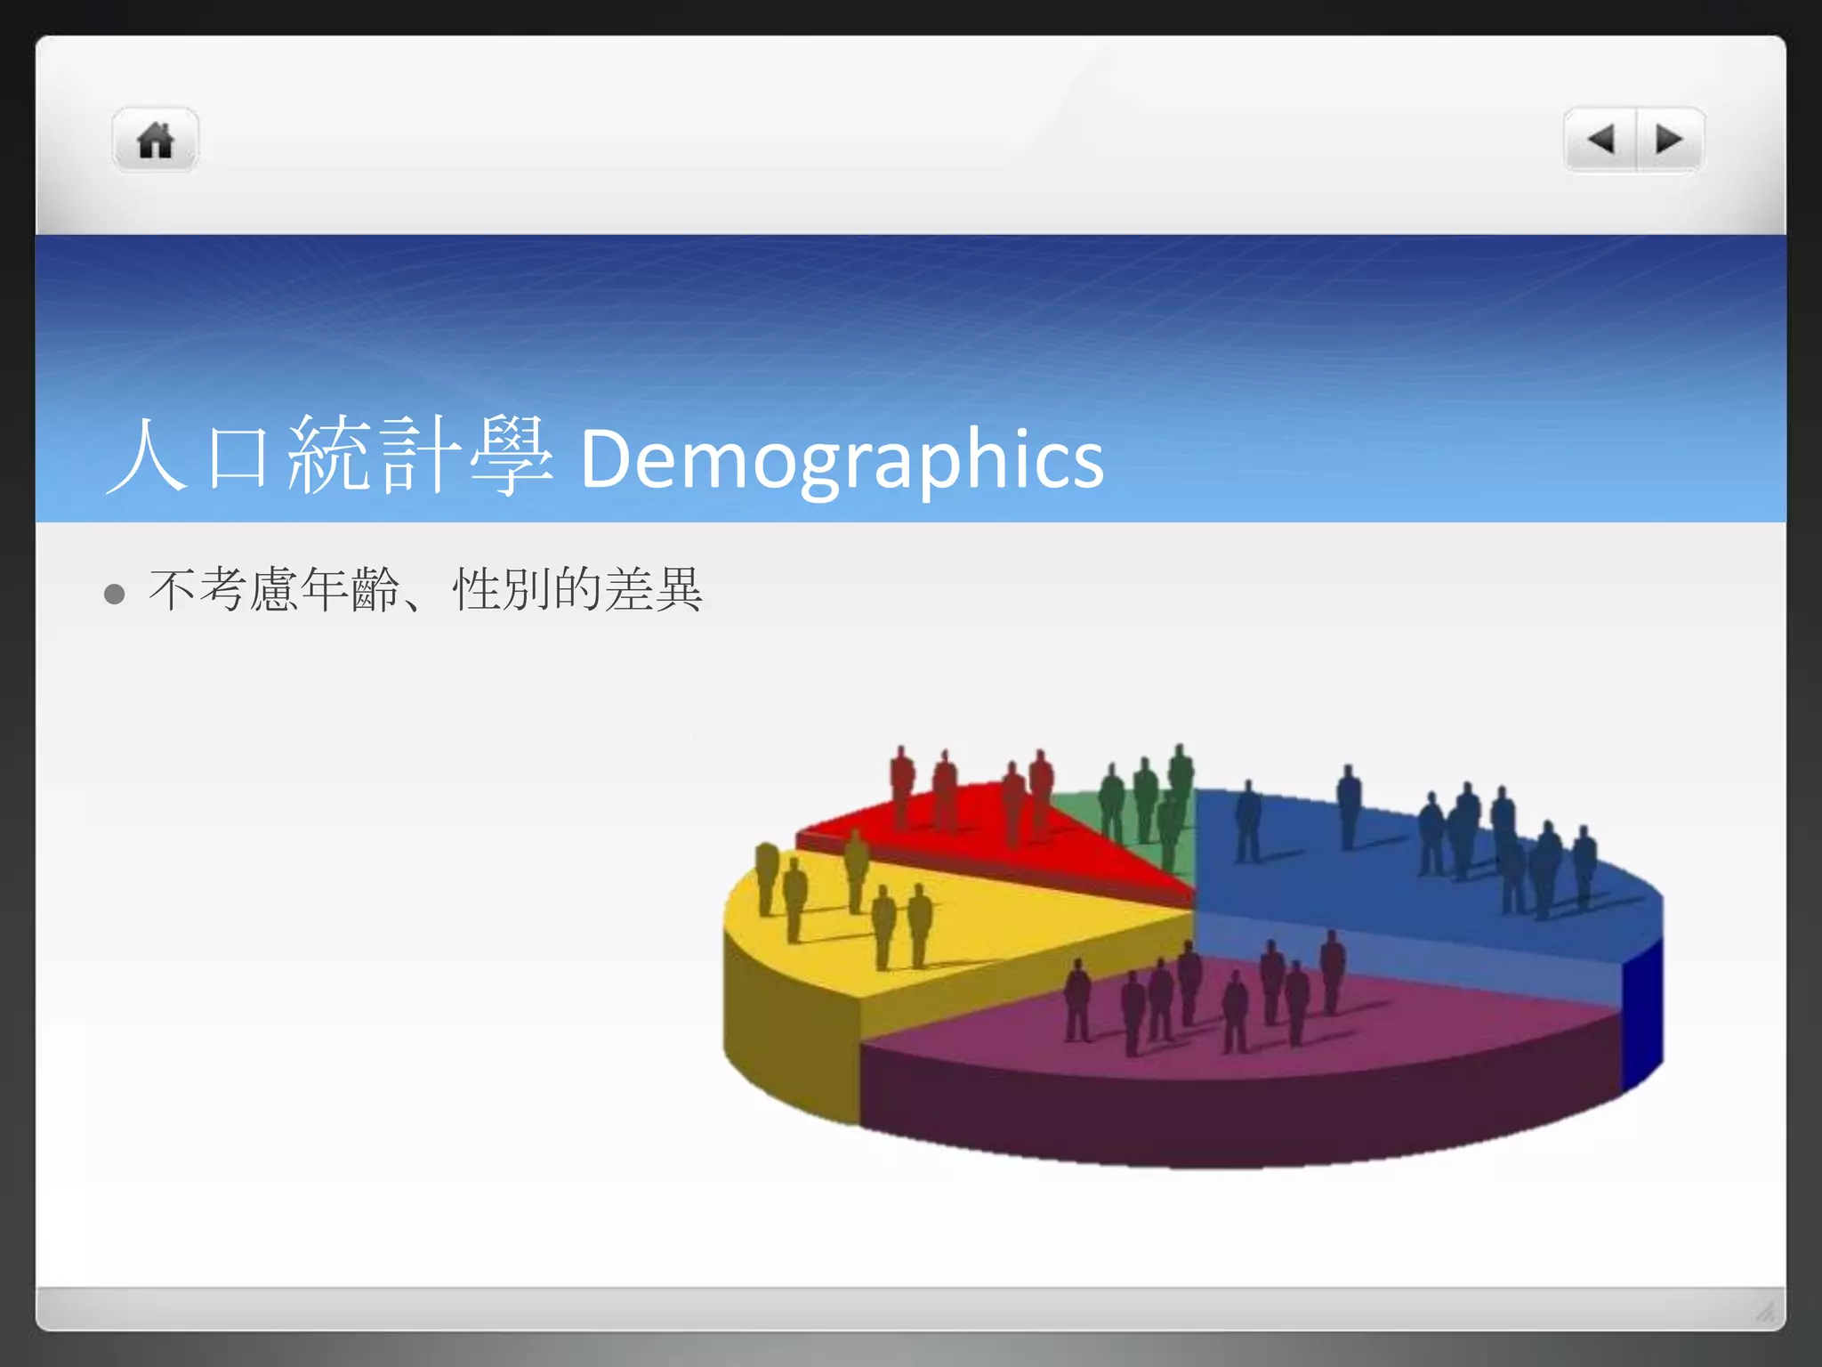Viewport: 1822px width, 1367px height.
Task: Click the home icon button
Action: tap(155, 141)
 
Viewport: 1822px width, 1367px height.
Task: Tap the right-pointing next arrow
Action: tap(1669, 140)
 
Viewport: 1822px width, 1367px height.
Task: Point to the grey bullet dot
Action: tap(114, 594)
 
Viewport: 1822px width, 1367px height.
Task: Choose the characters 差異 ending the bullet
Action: tap(653, 590)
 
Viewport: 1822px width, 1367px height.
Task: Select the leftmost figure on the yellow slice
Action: tap(766, 877)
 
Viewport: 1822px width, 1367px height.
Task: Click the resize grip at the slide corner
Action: tap(1766, 1311)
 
